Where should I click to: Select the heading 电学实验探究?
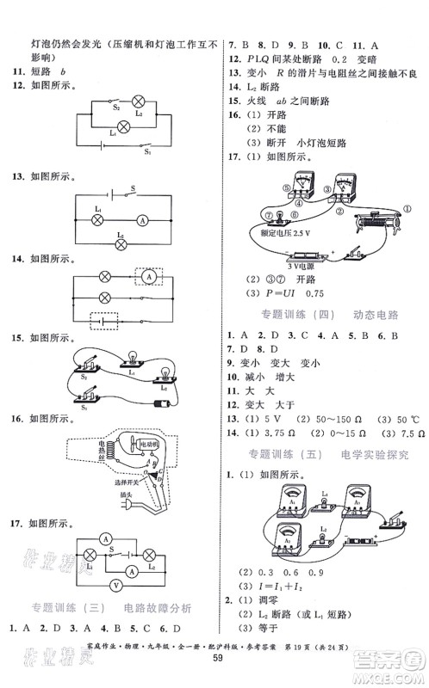tap(372, 452)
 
